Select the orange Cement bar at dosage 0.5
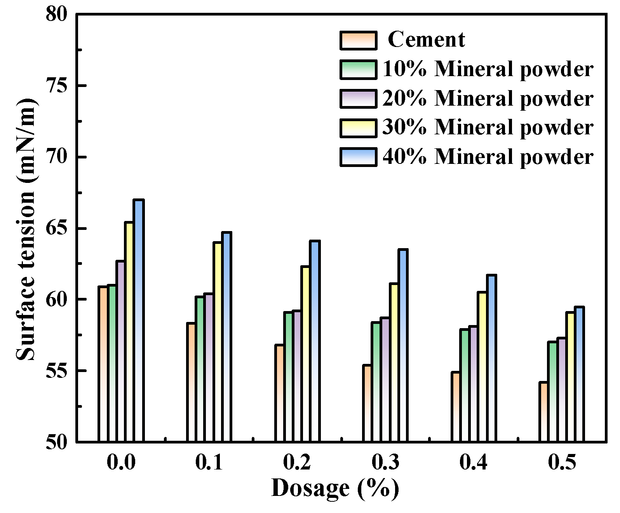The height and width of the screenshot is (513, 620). [x=543, y=412]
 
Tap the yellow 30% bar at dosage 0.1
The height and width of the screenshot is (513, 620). [x=218, y=342]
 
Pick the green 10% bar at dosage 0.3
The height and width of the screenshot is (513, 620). [x=376, y=382]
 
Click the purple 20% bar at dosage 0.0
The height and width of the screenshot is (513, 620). [x=120, y=351]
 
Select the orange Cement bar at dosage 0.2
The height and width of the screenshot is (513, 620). [x=279, y=393]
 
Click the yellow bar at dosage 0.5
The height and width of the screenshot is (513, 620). [x=570, y=377]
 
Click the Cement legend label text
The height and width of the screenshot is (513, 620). [x=426, y=40]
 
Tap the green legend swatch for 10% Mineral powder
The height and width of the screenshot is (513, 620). [x=359, y=70]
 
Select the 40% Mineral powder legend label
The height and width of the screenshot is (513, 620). [x=488, y=157]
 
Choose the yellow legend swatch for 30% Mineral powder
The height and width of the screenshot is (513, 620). [x=359, y=128]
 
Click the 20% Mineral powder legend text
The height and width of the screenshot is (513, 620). [x=488, y=99]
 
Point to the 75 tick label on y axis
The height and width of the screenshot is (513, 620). [x=56, y=86]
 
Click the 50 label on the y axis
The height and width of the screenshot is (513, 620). [x=56, y=442]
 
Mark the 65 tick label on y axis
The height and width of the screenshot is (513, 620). [x=56, y=228]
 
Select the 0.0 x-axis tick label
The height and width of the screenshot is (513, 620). [x=121, y=462]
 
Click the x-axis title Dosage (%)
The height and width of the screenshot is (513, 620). [x=335, y=488]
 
